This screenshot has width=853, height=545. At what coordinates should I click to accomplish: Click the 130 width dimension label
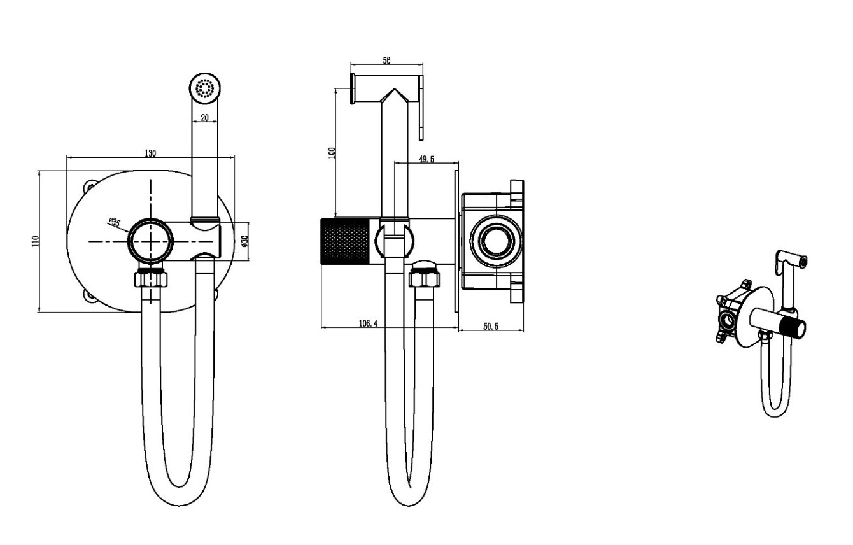point(150,153)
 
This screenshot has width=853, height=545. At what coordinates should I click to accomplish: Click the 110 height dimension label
point(36,241)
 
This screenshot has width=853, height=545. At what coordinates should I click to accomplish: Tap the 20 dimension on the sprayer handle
point(204,118)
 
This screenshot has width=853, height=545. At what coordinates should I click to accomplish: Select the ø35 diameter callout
point(114,222)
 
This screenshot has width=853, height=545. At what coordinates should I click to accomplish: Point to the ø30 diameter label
point(245,241)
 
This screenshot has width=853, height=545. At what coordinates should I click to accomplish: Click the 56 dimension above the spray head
point(386,60)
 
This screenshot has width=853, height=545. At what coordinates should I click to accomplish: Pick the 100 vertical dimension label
point(332,153)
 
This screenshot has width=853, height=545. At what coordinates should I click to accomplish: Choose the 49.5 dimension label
point(427,159)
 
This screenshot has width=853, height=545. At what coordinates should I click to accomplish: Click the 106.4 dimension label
point(368,323)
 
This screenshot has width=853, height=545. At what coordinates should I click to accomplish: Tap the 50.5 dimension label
point(491,327)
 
